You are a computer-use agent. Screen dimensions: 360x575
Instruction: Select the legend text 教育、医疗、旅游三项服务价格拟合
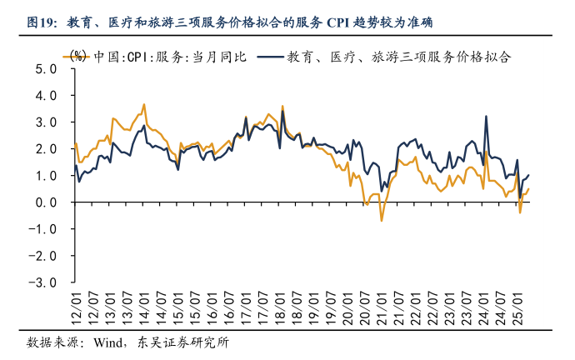coord(398,57)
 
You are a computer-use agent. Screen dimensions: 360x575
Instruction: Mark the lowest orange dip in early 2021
coord(382,220)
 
